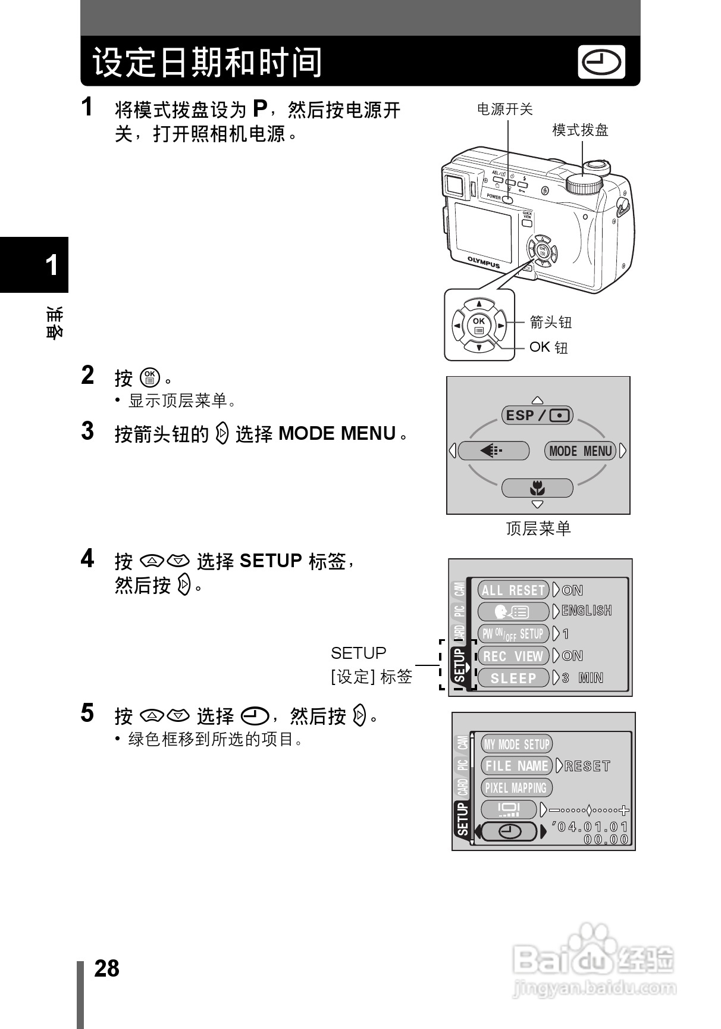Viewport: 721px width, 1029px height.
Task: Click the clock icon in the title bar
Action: (601, 62)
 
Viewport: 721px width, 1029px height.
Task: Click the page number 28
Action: (107, 968)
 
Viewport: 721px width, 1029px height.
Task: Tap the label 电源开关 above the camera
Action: (505, 110)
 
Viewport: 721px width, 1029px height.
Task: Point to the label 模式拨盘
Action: (580, 130)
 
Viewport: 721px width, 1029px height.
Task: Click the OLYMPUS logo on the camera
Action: (483, 262)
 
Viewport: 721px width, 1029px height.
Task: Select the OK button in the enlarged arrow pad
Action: (479, 324)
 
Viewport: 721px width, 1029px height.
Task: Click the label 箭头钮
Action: (550, 323)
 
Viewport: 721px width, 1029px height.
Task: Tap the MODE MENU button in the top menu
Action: (580, 451)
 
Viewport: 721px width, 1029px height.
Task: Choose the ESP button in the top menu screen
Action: (537, 415)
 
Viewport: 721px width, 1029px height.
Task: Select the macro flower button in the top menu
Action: (537, 489)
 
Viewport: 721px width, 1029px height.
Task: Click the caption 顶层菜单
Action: (538, 528)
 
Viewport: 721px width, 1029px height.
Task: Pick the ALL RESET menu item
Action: (513, 590)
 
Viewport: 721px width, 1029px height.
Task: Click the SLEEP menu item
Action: (513, 678)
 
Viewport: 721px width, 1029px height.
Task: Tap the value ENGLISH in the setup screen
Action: (587, 611)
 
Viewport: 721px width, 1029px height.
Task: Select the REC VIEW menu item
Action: (513, 656)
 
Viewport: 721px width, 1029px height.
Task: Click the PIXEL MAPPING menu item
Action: (516, 788)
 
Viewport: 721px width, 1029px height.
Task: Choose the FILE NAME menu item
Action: (516, 766)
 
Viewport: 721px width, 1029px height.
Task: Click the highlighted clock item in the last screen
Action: (510, 831)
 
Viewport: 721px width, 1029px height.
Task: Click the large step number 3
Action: (87, 431)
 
